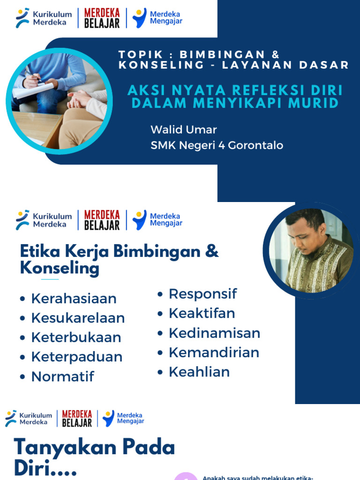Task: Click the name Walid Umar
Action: tap(183, 129)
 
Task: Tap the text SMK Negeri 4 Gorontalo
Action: tap(217, 145)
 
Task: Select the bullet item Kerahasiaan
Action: tap(74, 299)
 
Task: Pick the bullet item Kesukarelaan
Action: tap(78, 318)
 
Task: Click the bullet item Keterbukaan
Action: tap(76, 337)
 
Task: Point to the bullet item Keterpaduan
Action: tap(76, 357)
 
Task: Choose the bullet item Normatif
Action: tap(62, 376)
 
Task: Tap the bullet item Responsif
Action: tap(202, 294)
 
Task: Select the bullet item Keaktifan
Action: tap(202, 313)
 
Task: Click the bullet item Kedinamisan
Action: tap(214, 333)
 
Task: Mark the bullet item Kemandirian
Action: tap(214, 352)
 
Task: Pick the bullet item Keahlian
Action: tap(199, 372)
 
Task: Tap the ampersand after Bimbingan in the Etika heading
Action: tap(212, 251)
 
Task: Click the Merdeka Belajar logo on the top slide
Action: tap(102, 18)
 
